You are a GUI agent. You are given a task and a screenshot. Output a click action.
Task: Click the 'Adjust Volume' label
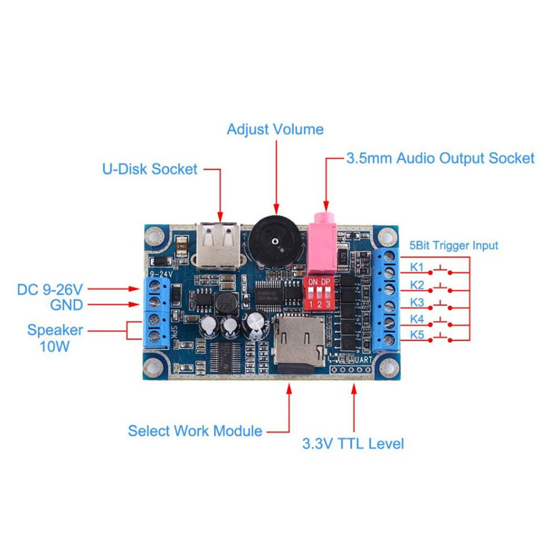(x=275, y=129)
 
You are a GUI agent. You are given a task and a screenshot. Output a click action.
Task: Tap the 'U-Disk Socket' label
(x=150, y=169)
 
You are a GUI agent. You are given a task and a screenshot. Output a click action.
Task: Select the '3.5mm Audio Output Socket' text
(x=440, y=158)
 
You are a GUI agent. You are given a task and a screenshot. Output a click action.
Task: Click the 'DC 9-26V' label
(x=50, y=287)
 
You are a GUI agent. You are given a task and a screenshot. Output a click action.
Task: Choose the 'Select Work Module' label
(x=195, y=431)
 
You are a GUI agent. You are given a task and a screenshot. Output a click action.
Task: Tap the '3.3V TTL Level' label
(x=353, y=444)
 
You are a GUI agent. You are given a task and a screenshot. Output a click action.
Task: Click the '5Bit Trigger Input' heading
(x=453, y=245)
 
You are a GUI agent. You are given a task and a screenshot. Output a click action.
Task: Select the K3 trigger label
(x=417, y=303)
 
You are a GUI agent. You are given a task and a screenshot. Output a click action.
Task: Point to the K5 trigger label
(x=417, y=335)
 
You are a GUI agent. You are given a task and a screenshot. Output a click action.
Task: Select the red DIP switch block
(x=319, y=293)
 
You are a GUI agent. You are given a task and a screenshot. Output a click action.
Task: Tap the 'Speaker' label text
(x=54, y=330)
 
